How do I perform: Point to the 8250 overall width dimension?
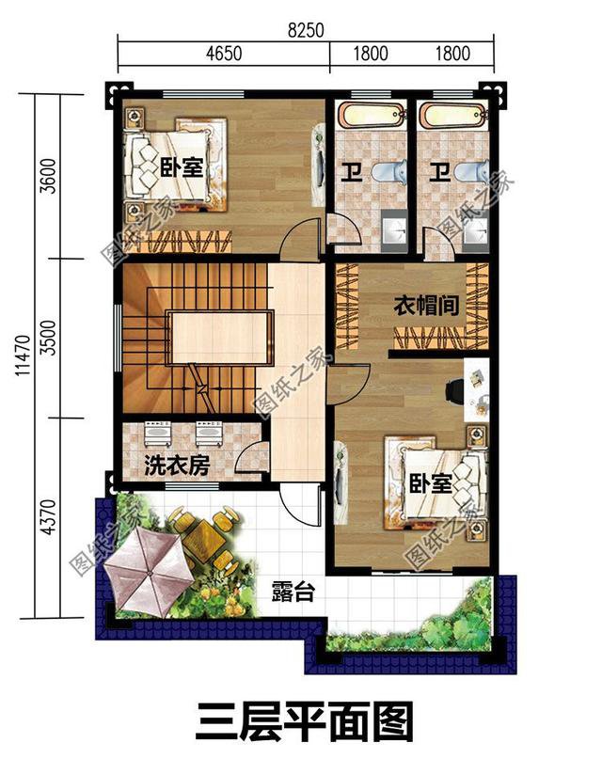pyautogui.click(x=306, y=29)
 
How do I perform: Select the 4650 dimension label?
pyautogui.click(x=223, y=54)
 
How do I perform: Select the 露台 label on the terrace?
pyautogui.click(x=292, y=592)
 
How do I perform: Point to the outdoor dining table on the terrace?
pyautogui.click(x=198, y=536)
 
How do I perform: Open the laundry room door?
pyautogui.click(x=250, y=458)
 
